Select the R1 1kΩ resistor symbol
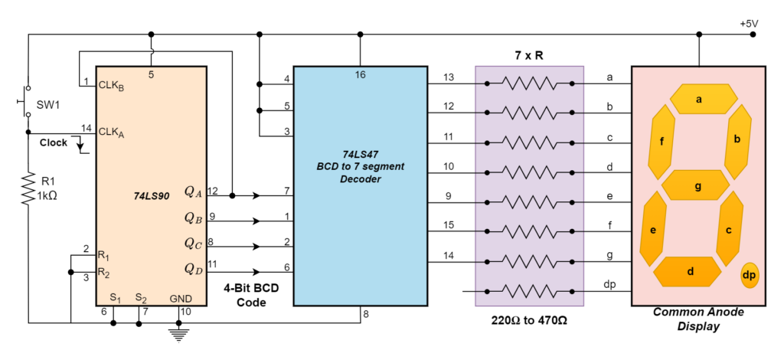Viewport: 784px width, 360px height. pyautogui.click(x=28, y=188)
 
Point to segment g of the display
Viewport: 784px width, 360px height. pyautogui.click(x=695, y=185)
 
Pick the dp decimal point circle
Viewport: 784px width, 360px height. pyautogui.click(x=749, y=275)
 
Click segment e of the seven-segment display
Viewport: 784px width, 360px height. pyautogui.click(x=654, y=229)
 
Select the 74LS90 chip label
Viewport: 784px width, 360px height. pyautogui.click(x=152, y=197)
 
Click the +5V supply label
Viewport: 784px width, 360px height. pyautogui.click(x=749, y=24)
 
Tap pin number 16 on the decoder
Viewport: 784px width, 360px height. pyautogui.click(x=360, y=75)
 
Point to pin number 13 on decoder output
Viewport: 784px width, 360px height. pyautogui.click(x=449, y=77)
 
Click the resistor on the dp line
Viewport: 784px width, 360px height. pyautogui.click(x=530, y=291)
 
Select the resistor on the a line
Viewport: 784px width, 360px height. pyautogui.click(x=530, y=83)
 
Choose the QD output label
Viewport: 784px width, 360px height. pyautogui.click(x=194, y=269)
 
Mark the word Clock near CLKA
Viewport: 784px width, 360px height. pyautogui.click(x=54, y=142)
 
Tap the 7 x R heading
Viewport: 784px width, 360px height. pyautogui.click(x=529, y=55)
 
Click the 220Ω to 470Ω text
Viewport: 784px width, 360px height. pyautogui.click(x=529, y=320)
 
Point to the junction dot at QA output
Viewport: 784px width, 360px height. pyautogui.click(x=232, y=195)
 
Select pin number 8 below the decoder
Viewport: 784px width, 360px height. pyautogui.click(x=366, y=315)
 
